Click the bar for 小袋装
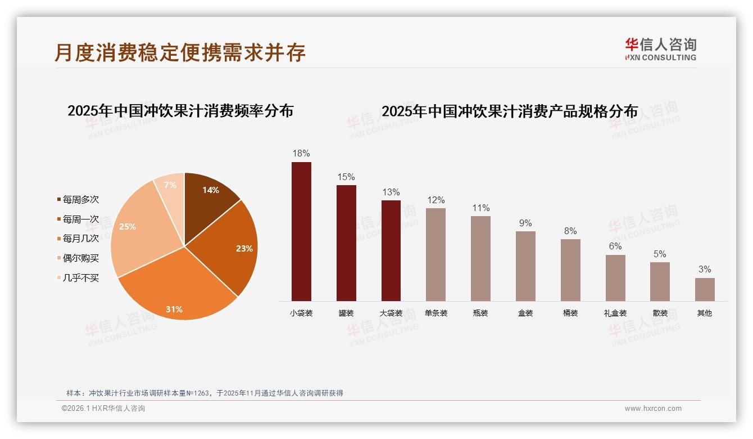pyautogui.click(x=301, y=231)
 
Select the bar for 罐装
pyautogui.click(x=346, y=243)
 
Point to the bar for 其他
pyautogui.click(x=705, y=289)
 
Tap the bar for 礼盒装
pyautogui.click(x=615, y=278)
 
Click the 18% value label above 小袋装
pyautogui.click(x=301, y=153)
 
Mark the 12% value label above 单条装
pyautogui.click(x=436, y=200)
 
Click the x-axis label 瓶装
pyautogui.click(x=480, y=313)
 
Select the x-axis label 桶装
pyautogui.click(x=570, y=313)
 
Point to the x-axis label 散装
pyautogui.click(x=660, y=313)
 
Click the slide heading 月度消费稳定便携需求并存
pyautogui.click(x=180, y=52)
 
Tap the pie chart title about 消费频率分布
pyautogui.click(x=180, y=110)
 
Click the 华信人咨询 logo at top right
pyautogui.click(x=660, y=49)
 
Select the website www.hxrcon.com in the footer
pyautogui.click(x=653, y=409)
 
